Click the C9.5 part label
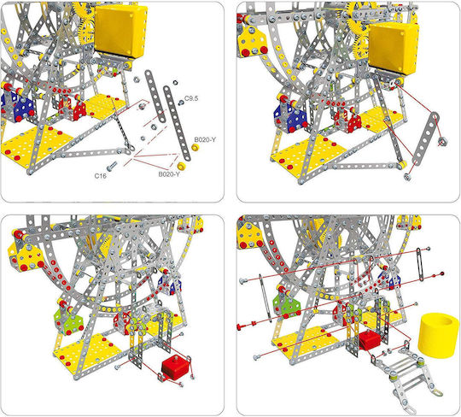point(191,98)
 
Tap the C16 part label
point(100,176)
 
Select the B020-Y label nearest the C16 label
point(169,174)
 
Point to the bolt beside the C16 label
point(112,166)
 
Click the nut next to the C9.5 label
point(181,103)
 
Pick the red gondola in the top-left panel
point(73,109)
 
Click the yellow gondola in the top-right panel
point(253,42)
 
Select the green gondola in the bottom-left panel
point(67,319)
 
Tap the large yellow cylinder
point(438,335)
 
